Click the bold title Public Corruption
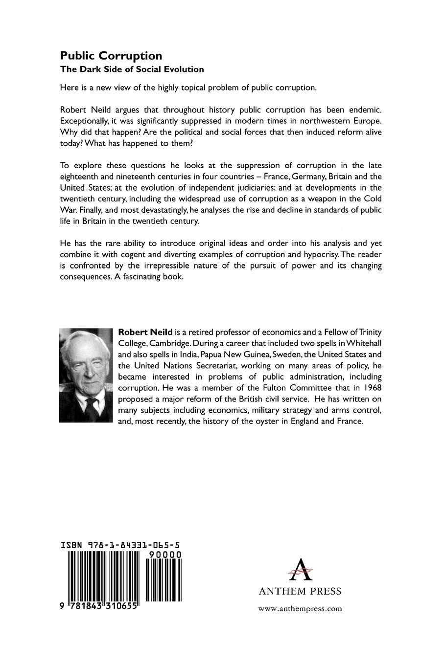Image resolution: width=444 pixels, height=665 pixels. point(111,56)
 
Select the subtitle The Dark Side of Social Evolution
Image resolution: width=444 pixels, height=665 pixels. point(132,69)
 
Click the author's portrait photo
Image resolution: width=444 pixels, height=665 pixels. point(86,375)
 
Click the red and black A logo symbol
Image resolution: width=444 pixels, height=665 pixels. point(300,569)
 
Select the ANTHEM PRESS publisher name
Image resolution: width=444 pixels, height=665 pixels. point(300,591)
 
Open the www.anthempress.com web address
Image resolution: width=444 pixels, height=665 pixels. point(300,609)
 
